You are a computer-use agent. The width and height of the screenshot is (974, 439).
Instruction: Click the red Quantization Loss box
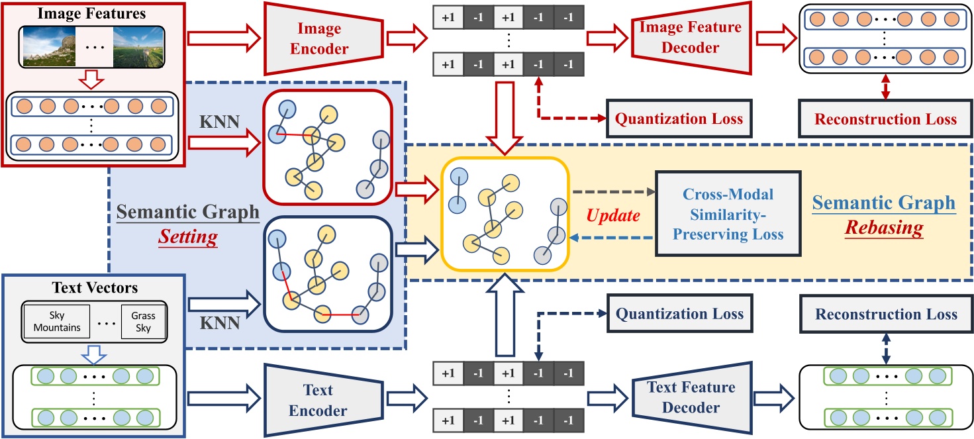tap(679, 119)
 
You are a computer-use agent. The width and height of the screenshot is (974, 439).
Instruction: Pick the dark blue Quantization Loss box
tap(679, 315)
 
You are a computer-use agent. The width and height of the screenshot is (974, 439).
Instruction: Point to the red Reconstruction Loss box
tap(885, 119)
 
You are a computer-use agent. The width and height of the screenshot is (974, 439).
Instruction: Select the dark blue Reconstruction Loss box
tap(885, 315)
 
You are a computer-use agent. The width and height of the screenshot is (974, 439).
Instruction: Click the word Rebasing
tap(886, 228)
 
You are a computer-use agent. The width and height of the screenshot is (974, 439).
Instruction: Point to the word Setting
tap(188, 237)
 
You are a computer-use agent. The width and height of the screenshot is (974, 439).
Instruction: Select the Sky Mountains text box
tap(56, 322)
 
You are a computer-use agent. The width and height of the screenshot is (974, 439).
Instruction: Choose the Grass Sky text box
tap(143, 322)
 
